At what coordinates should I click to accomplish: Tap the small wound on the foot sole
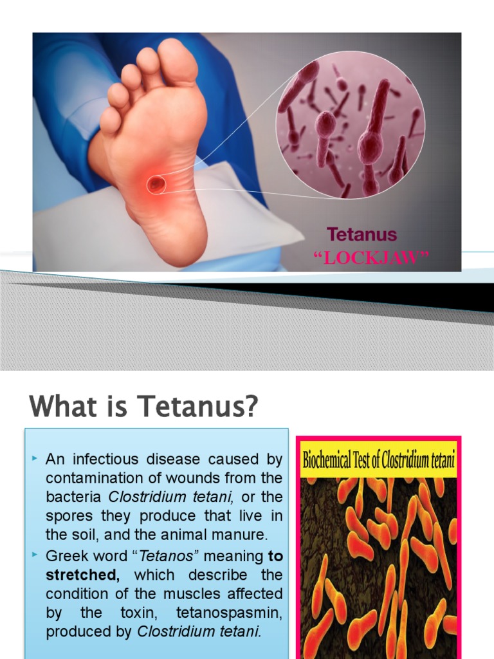click(x=156, y=185)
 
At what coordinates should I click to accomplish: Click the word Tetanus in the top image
click(x=362, y=234)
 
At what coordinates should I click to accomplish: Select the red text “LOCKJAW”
click(x=370, y=258)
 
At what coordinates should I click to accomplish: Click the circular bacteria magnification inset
click(x=351, y=126)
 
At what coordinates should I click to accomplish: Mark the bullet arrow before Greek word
click(x=35, y=553)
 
